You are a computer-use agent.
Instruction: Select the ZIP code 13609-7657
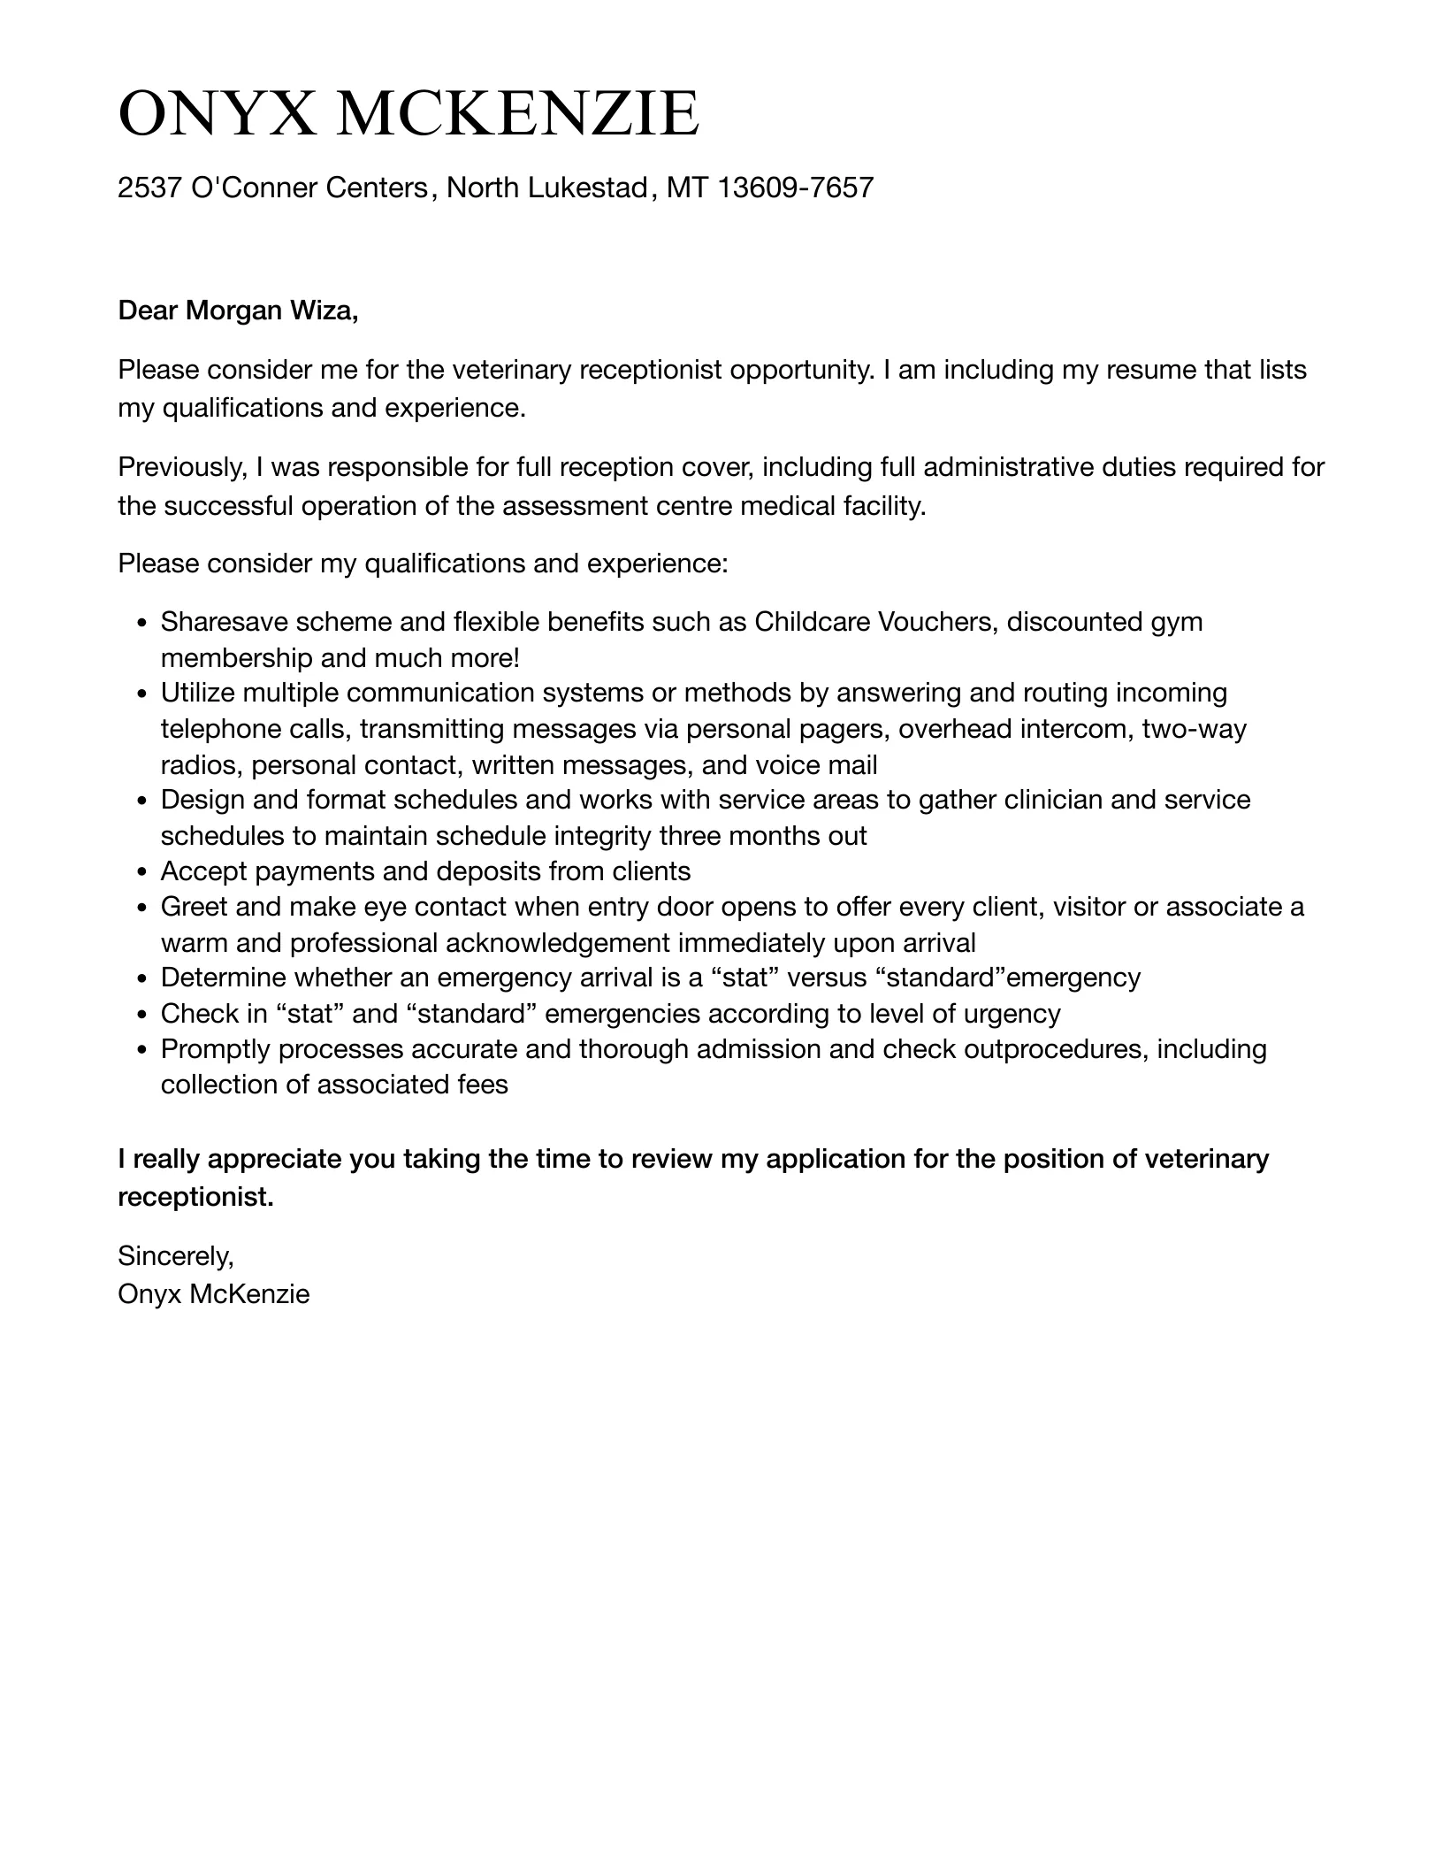(795, 188)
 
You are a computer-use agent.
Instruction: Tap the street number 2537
(150, 188)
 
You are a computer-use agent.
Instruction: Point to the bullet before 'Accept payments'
(142, 873)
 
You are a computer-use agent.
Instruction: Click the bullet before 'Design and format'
(142, 801)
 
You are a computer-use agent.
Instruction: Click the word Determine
(224, 978)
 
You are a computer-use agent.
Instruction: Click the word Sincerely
(175, 1255)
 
